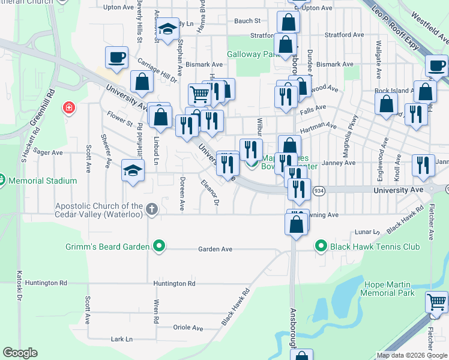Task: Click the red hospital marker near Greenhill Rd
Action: (70, 108)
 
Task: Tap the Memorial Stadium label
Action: (42, 181)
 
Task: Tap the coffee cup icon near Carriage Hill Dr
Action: (116, 58)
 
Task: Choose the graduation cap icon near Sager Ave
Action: (133, 170)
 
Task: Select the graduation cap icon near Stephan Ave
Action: (169, 28)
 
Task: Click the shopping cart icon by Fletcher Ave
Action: (436, 302)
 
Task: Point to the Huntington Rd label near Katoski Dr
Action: (46, 283)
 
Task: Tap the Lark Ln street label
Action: (122, 339)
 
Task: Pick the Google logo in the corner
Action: (20, 353)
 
